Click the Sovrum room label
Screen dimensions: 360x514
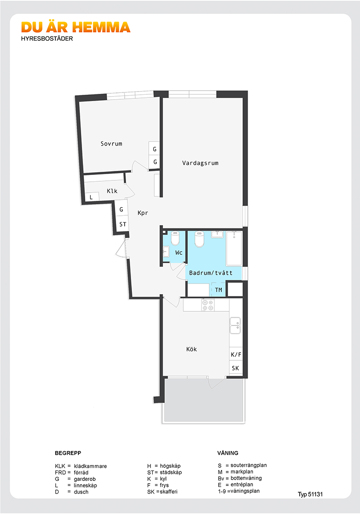coord(111,144)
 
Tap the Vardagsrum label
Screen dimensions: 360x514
coord(200,163)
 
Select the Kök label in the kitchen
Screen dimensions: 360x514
coord(191,349)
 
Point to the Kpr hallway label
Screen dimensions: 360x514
coord(143,213)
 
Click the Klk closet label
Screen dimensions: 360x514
coord(112,191)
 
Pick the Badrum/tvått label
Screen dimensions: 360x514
coord(210,273)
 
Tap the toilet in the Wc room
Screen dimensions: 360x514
coord(175,238)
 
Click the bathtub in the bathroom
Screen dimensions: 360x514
coord(234,248)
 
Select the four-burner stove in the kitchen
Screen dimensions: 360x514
coord(208,305)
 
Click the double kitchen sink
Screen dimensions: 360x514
coord(235,325)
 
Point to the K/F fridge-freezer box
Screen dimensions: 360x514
coord(236,354)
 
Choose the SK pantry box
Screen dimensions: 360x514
coord(236,368)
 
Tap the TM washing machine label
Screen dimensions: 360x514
coord(219,290)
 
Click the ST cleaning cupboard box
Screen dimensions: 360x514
coord(122,224)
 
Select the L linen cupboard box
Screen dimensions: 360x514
coord(92,197)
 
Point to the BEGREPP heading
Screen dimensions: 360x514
coord(68,453)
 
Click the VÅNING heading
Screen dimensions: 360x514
coord(228,453)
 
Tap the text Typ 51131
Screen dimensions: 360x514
coord(310,495)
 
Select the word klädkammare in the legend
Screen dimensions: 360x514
coord(90,466)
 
